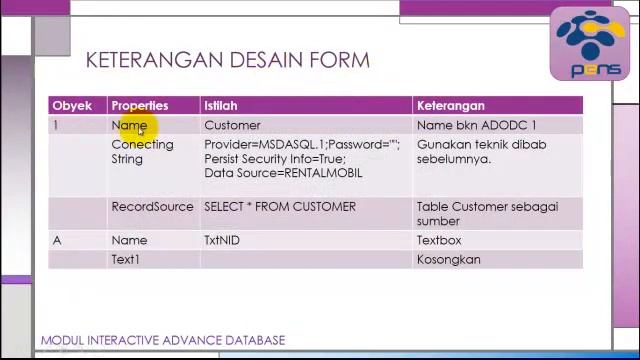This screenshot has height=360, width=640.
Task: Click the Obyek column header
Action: click(71, 105)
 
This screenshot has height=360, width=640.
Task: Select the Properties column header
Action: click(140, 105)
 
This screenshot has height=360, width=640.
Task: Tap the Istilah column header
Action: click(220, 105)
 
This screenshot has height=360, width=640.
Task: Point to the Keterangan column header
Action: click(450, 105)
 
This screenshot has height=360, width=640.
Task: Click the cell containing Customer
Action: click(232, 125)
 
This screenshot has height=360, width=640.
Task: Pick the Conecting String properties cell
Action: click(142, 151)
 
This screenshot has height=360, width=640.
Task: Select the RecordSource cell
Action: click(152, 207)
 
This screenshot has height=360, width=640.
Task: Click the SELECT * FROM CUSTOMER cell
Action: click(280, 207)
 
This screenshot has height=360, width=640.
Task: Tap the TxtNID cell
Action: click(222, 241)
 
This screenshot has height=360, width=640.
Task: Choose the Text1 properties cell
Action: click(125, 260)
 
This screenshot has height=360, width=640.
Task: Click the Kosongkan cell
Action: click(448, 260)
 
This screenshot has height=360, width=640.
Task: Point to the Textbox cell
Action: click(439, 241)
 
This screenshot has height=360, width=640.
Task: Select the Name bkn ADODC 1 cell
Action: click(476, 125)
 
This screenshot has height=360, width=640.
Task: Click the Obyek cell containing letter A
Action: click(57, 241)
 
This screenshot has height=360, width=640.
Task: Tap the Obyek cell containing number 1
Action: click(56, 125)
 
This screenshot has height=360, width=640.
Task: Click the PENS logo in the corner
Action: click(589, 44)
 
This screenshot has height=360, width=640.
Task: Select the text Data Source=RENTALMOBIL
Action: click(283, 173)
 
